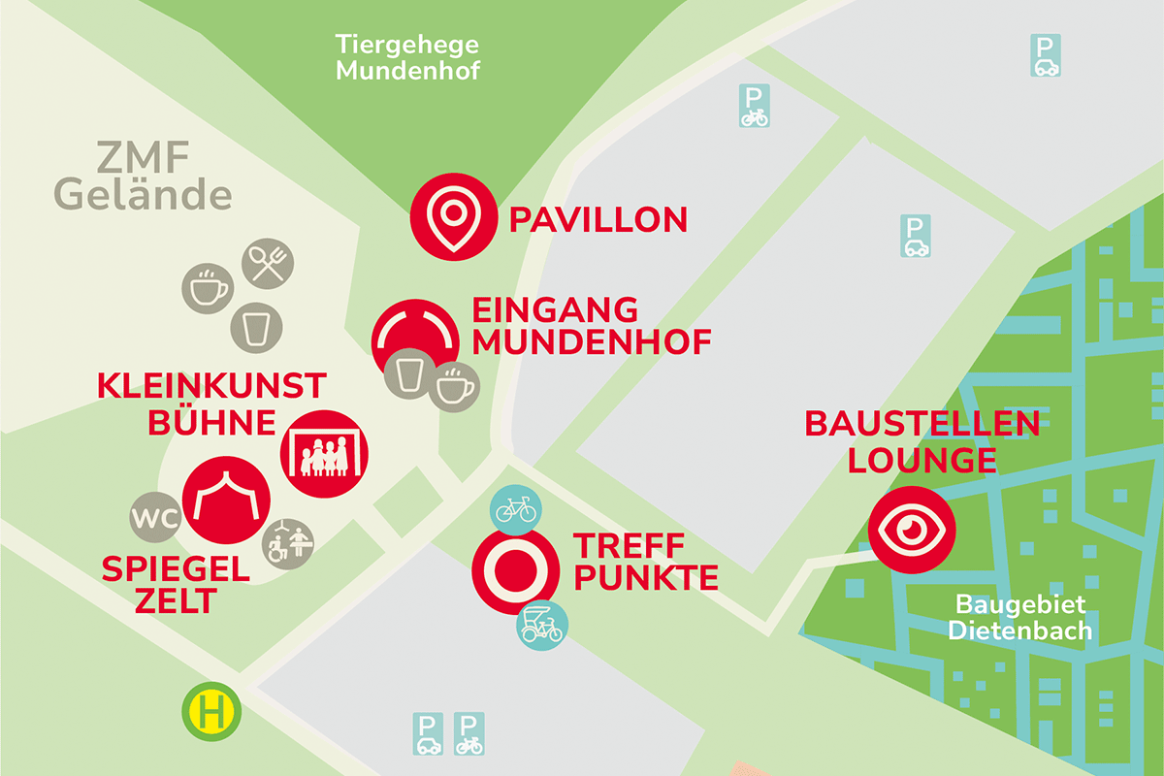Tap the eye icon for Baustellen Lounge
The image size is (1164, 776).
(x=912, y=530)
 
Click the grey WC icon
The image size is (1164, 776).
(x=156, y=519)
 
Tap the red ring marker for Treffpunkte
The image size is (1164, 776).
(x=515, y=570)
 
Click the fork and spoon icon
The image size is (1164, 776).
(x=267, y=263)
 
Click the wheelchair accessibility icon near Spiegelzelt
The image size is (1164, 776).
(x=289, y=544)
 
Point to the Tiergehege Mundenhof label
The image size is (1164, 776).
(x=407, y=57)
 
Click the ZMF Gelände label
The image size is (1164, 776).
(x=143, y=176)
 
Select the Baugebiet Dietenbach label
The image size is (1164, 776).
(x=1019, y=617)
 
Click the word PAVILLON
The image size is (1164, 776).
(x=598, y=220)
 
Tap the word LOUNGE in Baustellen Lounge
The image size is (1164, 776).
(x=921, y=460)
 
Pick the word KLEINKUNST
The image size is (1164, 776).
(x=211, y=385)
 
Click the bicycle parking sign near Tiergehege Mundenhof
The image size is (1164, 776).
(x=754, y=106)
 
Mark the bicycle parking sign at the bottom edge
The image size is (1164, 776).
(x=469, y=734)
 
